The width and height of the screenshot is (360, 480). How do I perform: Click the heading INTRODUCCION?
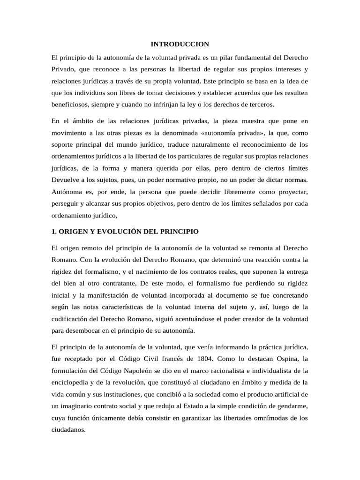point(180,44)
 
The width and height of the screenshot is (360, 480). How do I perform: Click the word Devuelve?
point(66,180)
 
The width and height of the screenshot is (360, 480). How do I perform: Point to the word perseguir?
point(66,204)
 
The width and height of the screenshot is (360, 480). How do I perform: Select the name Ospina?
point(284,359)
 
